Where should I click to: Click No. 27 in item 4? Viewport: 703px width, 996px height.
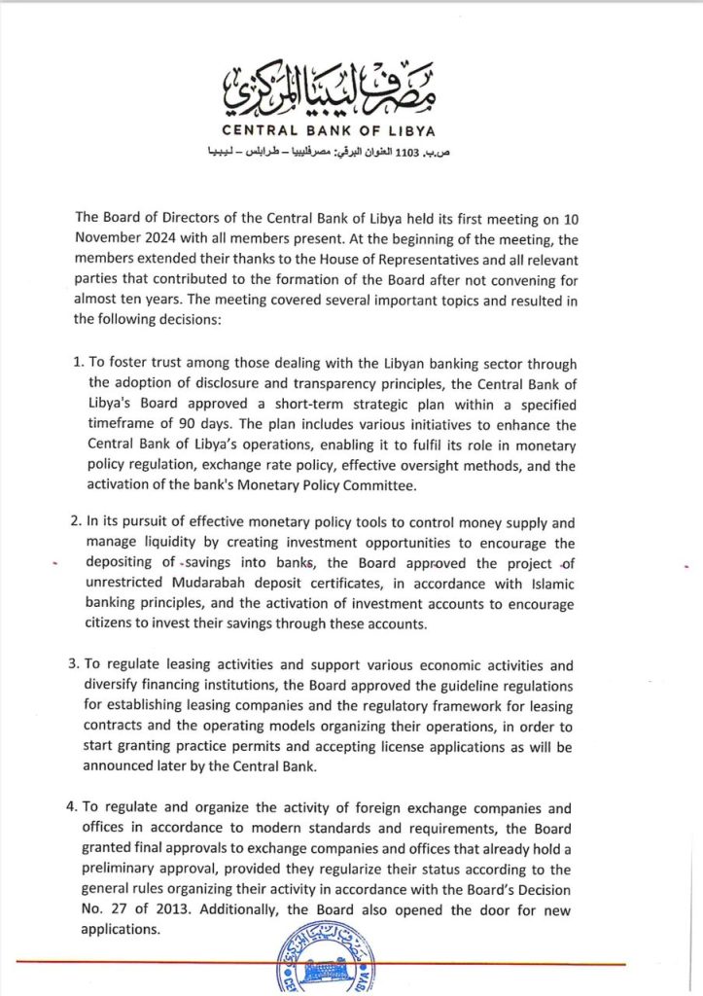pyautogui.click(x=101, y=908)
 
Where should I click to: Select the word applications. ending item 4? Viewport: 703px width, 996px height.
pyautogui.click(x=122, y=929)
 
